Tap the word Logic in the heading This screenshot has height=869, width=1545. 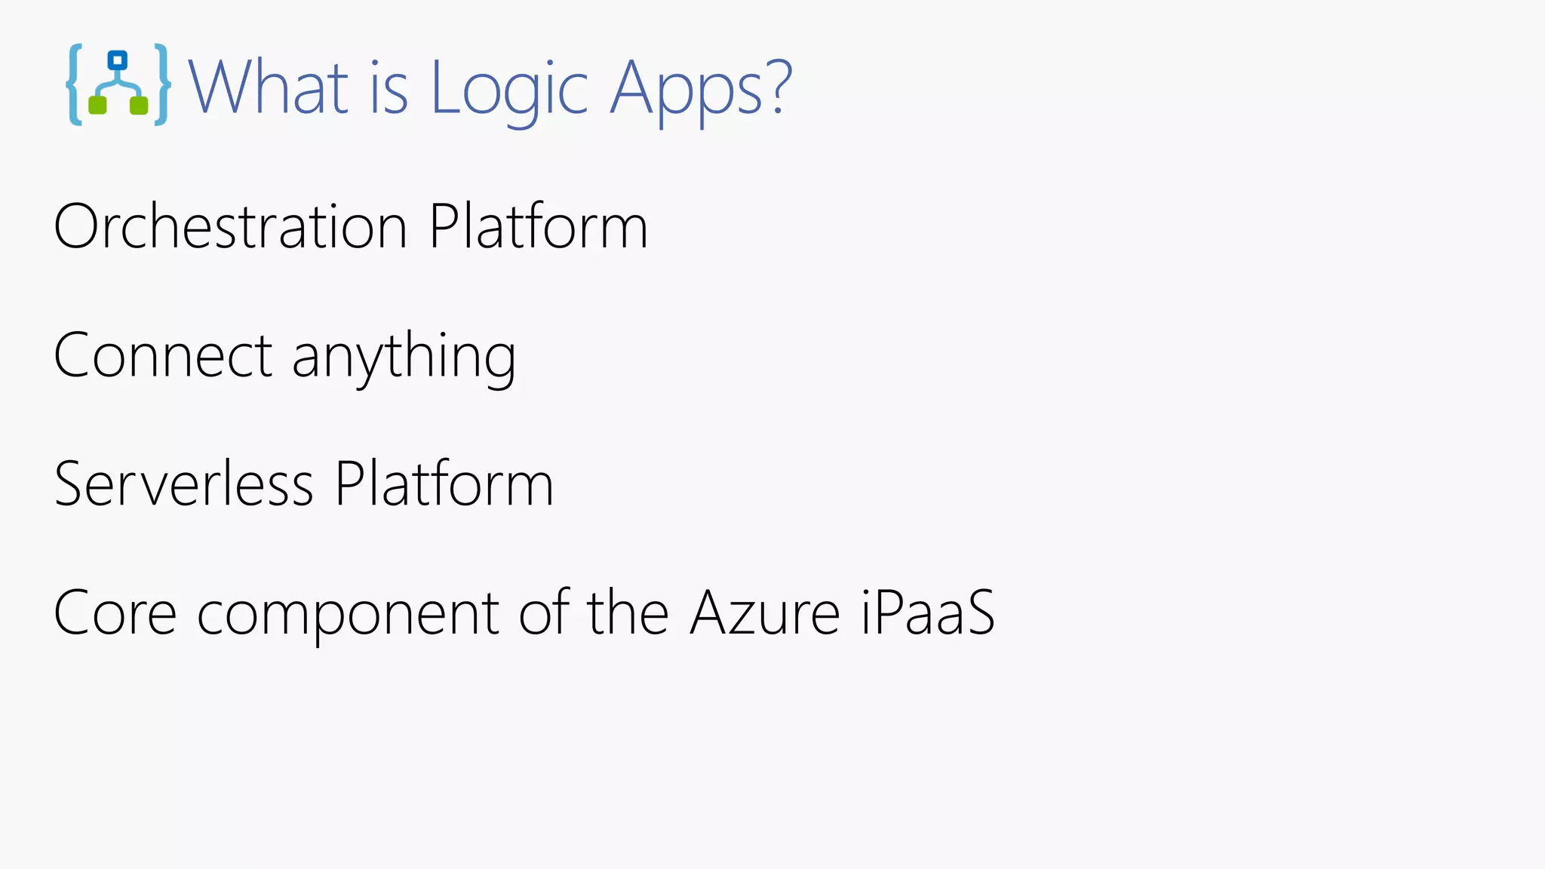[509, 89]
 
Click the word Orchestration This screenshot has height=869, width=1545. [231, 226]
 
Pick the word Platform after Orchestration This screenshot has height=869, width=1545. [539, 226]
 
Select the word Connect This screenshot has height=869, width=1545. [163, 355]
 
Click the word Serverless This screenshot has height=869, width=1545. [183, 484]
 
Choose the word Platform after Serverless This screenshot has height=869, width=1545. [444, 484]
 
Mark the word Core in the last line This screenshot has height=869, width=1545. [115, 613]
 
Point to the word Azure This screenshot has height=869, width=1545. [765, 613]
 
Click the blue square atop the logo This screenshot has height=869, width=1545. [118, 60]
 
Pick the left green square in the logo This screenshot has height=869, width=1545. [97, 105]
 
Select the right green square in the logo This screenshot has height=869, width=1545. [139, 105]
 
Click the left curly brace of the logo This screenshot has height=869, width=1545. [74, 84]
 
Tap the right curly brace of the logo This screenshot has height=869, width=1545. [161, 84]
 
